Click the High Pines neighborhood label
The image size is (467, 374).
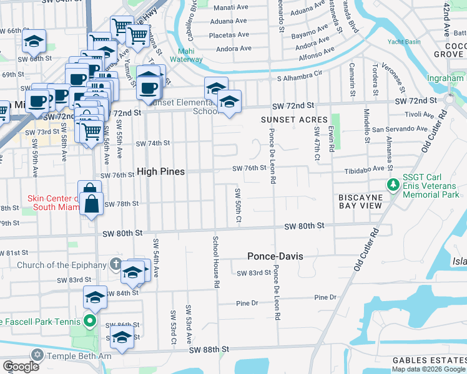click(x=160, y=171)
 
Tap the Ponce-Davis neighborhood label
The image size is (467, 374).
click(x=275, y=256)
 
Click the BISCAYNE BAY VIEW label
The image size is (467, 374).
click(x=368, y=201)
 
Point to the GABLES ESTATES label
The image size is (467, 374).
click(x=429, y=361)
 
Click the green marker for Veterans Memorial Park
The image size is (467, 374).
click(x=393, y=185)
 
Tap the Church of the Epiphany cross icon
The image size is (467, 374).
click(x=116, y=264)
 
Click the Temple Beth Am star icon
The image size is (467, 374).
click(x=37, y=355)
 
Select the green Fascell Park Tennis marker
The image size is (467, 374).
click(x=89, y=322)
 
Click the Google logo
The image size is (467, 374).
click(x=21, y=367)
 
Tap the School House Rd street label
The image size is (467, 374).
click(x=215, y=262)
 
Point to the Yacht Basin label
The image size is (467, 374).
click(x=402, y=42)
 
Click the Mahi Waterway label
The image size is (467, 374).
click(x=190, y=55)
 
